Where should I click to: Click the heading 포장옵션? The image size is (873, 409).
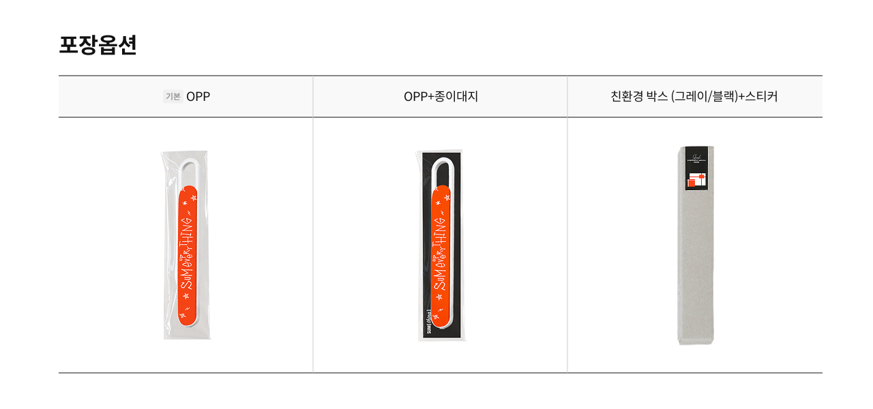[x=98, y=45]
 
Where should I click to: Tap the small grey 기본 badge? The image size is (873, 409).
[x=173, y=97]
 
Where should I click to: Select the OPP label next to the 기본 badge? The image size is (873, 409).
[x=198, y=97]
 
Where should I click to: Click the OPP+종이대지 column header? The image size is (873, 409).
[x=441, y=97]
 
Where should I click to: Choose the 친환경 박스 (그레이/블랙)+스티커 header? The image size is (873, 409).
[x=694, y=97]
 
